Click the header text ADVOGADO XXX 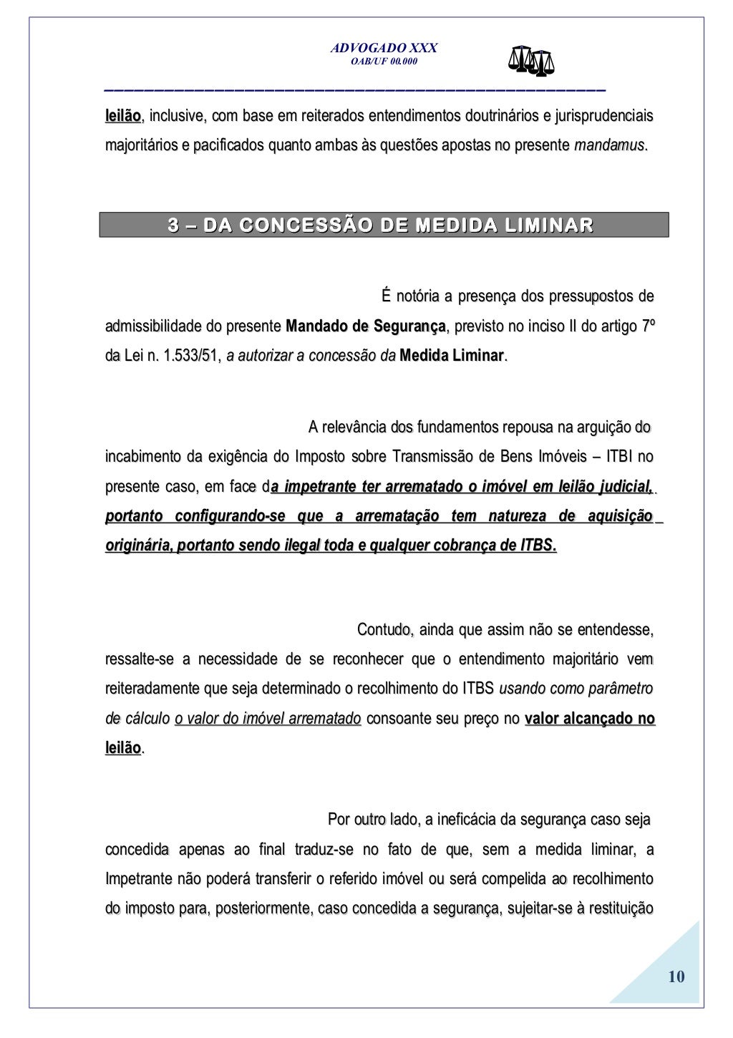click(384, 48)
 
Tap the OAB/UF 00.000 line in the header click(384, 62)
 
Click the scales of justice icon click(531, 62)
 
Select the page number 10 click(676, 976)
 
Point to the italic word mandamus click(609, 145)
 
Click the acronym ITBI click(619, 457)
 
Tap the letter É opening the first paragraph click(387, 296)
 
